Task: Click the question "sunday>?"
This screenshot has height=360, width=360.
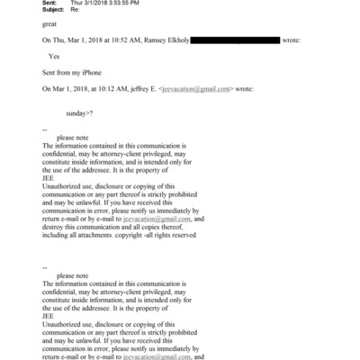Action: point(81,114)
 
